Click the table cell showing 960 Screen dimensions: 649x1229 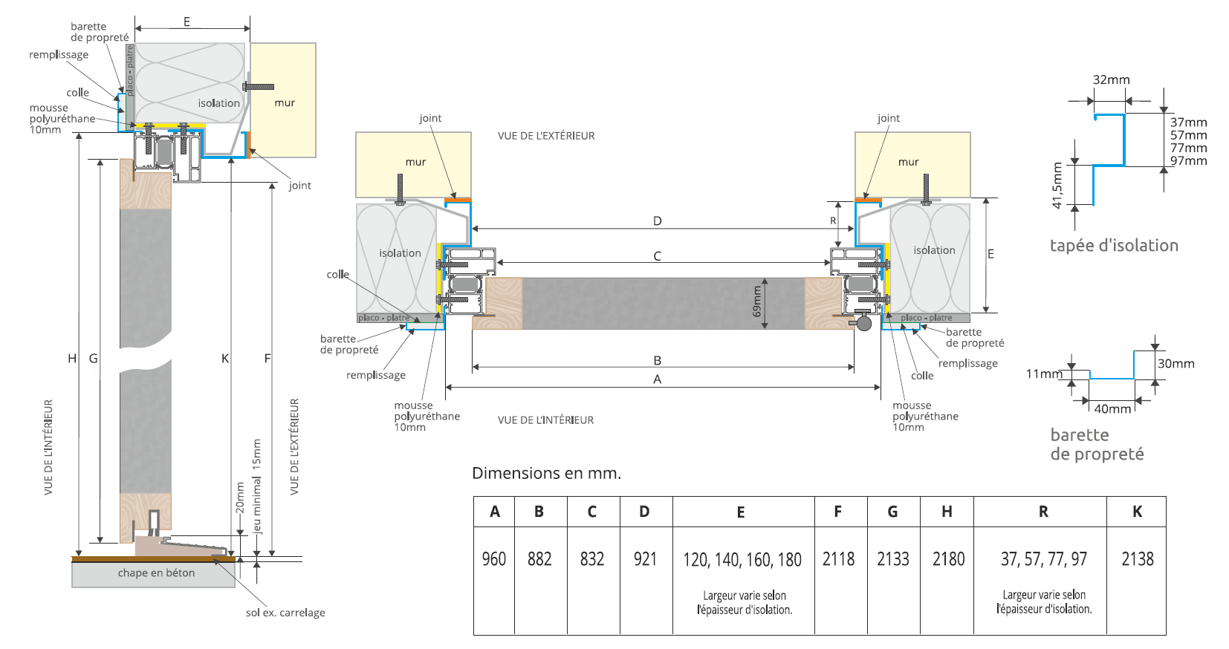pyautogui.click(x=494, y=559)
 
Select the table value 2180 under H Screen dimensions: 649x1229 pyautogui.click(x=948, y=559)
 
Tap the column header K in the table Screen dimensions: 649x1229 pyautogui.click(x=1137, y=512)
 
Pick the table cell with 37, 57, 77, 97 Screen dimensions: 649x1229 pyautogui.click(x=1043, y=559)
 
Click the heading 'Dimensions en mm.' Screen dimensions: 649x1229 pyautogui.click(x=546, y=473)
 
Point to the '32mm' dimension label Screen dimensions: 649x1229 pyautogui.click(x=1111, y=79)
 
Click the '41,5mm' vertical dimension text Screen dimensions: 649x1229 pyautogui.click(x=1057, y=186)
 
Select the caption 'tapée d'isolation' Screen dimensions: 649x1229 pyautogui.click(x=1114, y=246)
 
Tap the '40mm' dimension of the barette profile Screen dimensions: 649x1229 pyautogui.click(x=1112, y=409)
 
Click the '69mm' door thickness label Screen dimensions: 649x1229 pyautogui.click(x=757, y=301)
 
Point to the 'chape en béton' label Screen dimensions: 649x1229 pyautogui.click(x=156, y=573)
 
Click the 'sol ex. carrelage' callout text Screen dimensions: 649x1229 pyautogui.click(x=285, y=613)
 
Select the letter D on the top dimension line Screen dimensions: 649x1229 pyautogui.click(x=657, y=221)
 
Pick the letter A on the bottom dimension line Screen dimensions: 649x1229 pyautogui.click(x=657, y=379)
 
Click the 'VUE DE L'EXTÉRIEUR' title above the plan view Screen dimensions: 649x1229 pyautogui.click(x=546, y=136)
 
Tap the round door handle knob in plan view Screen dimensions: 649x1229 pyautogui.click(x=863, y=322)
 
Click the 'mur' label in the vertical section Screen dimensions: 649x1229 pyautogui.click(x=285, y=102)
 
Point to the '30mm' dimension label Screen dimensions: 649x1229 pyautogui.click(x=1176, y=364)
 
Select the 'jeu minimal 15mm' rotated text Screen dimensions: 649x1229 pyautogui.click(x=257, y=486)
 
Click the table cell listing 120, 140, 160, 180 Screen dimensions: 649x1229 pyautogui.click(x=742, y=559)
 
